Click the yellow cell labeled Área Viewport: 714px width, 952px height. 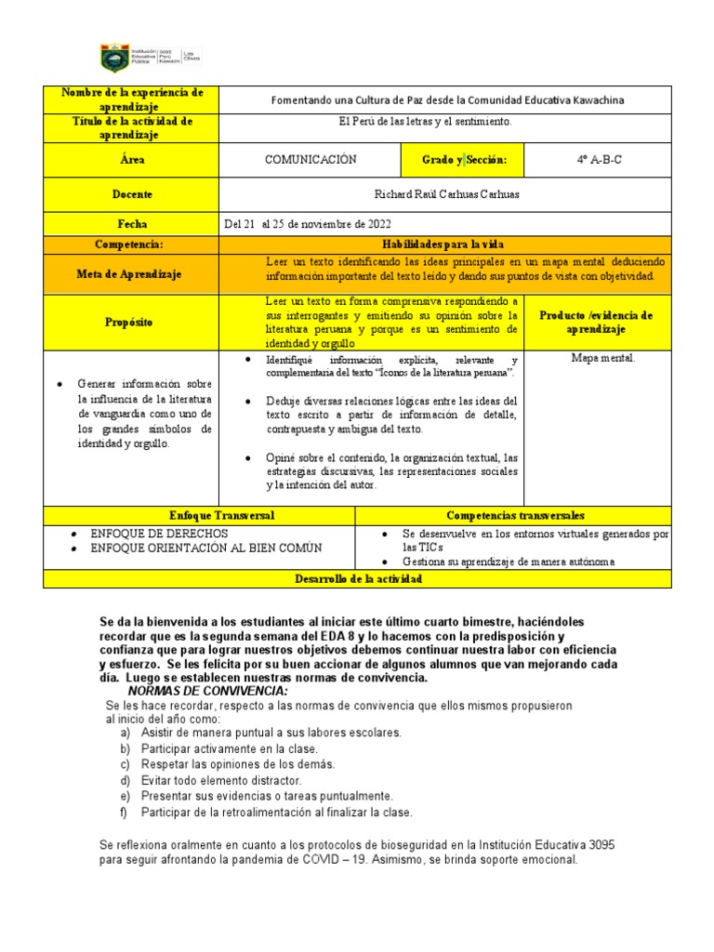(131, 160)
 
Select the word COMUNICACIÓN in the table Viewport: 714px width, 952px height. (311, 160)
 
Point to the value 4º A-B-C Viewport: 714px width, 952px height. (599, 160)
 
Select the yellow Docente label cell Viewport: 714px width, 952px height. (131, 195)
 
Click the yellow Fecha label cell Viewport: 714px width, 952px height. (131, 224)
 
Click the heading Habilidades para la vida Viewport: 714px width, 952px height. (443, 244)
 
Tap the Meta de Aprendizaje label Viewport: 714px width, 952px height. (131, 273)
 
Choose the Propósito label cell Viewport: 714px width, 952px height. (131, 322)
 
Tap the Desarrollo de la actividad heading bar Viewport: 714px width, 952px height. (358, 579)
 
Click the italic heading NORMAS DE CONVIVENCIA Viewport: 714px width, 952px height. (207, 692)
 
